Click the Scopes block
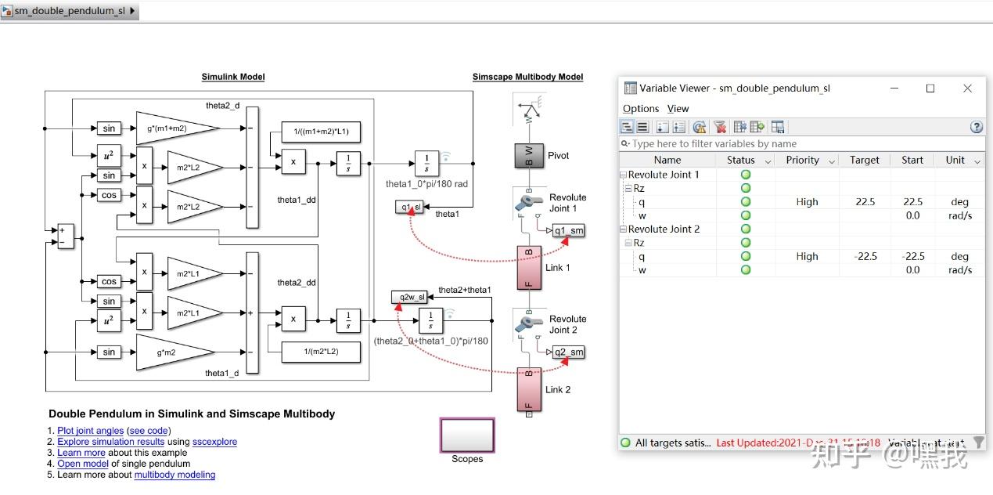coord(467,435)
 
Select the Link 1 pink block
coord(529,267)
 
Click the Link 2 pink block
coord(529,389)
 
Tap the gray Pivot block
coord(529,156)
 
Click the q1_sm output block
coord(568,230)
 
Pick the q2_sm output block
coord(568,352)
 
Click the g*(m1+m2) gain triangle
coord(177,128)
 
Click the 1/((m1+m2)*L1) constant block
coord(321,132)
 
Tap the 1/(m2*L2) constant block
coord(321,352)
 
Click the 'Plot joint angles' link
coord(90,431)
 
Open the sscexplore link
coord(214,442)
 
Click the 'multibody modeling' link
coord(174,475)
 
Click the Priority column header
coord(802,160)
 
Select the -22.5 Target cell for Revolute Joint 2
coord(865,256)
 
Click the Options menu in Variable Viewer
coord(641,109)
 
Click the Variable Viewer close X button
coord(967,89)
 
